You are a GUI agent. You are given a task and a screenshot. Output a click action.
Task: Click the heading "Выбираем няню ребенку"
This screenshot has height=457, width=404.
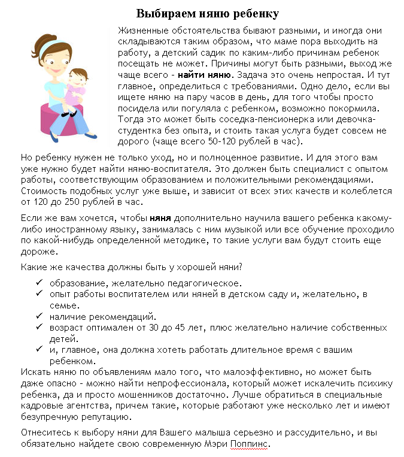point(208,13)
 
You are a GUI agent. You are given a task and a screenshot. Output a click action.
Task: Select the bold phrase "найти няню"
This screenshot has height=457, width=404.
point(203,75)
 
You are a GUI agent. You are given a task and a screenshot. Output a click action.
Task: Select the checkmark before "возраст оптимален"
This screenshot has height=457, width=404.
point(39,327)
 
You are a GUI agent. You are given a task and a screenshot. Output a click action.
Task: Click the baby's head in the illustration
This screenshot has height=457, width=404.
point(78,76)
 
